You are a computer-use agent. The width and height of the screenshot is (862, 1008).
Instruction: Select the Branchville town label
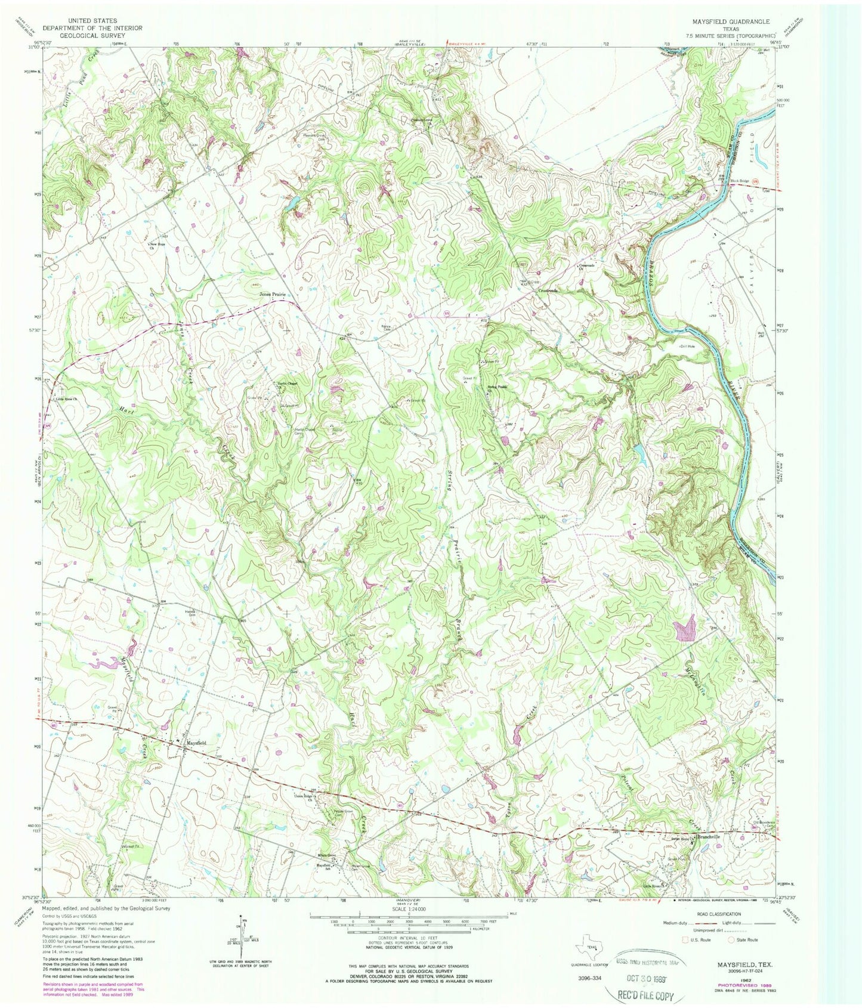(x=707, y=837)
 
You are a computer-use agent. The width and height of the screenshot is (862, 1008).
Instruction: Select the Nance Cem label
(x=388, y=327)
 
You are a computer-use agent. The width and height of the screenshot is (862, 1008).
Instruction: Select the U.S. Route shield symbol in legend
(x=685, y=939)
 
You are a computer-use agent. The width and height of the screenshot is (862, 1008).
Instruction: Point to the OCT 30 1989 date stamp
(x=642, y=979)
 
